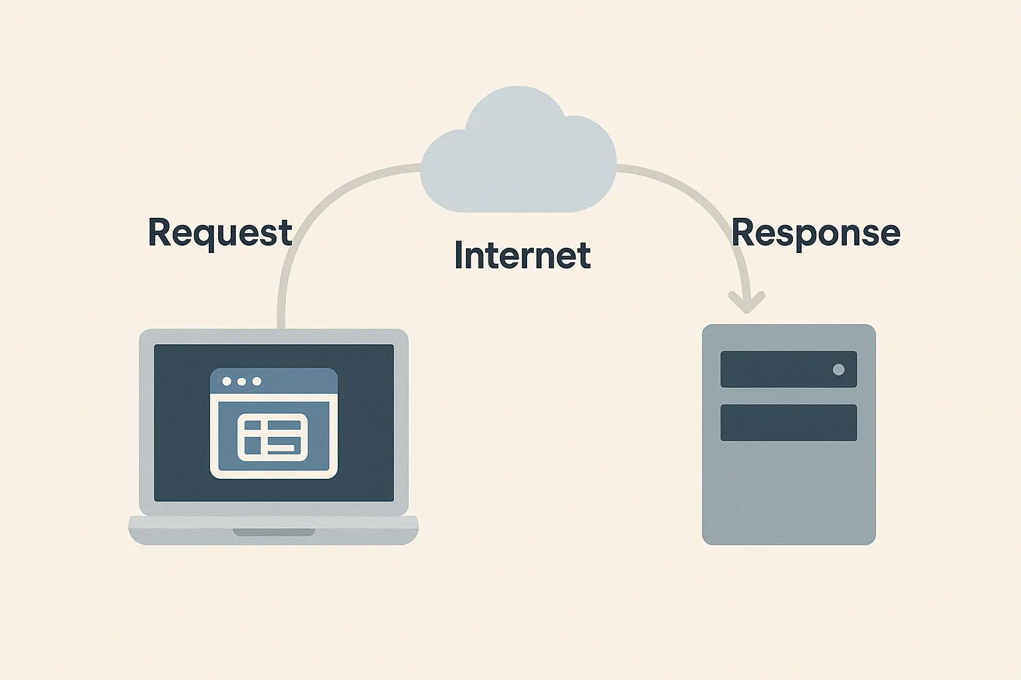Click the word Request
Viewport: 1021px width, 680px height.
[220, 233]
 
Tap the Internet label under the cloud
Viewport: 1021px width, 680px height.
[522, 256]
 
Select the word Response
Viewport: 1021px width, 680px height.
[816, 233]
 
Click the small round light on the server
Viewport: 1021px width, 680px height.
[839, 369]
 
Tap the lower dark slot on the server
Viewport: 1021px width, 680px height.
[788, 422]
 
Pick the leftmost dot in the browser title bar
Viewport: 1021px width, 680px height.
[227, 381]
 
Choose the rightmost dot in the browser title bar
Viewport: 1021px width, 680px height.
[257, 381]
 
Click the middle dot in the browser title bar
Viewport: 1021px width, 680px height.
[241, 381]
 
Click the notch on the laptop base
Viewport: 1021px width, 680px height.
[274, 532]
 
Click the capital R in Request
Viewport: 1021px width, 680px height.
[160, 232]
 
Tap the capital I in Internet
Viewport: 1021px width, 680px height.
[459, 256]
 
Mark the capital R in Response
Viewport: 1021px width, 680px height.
[744, 232]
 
